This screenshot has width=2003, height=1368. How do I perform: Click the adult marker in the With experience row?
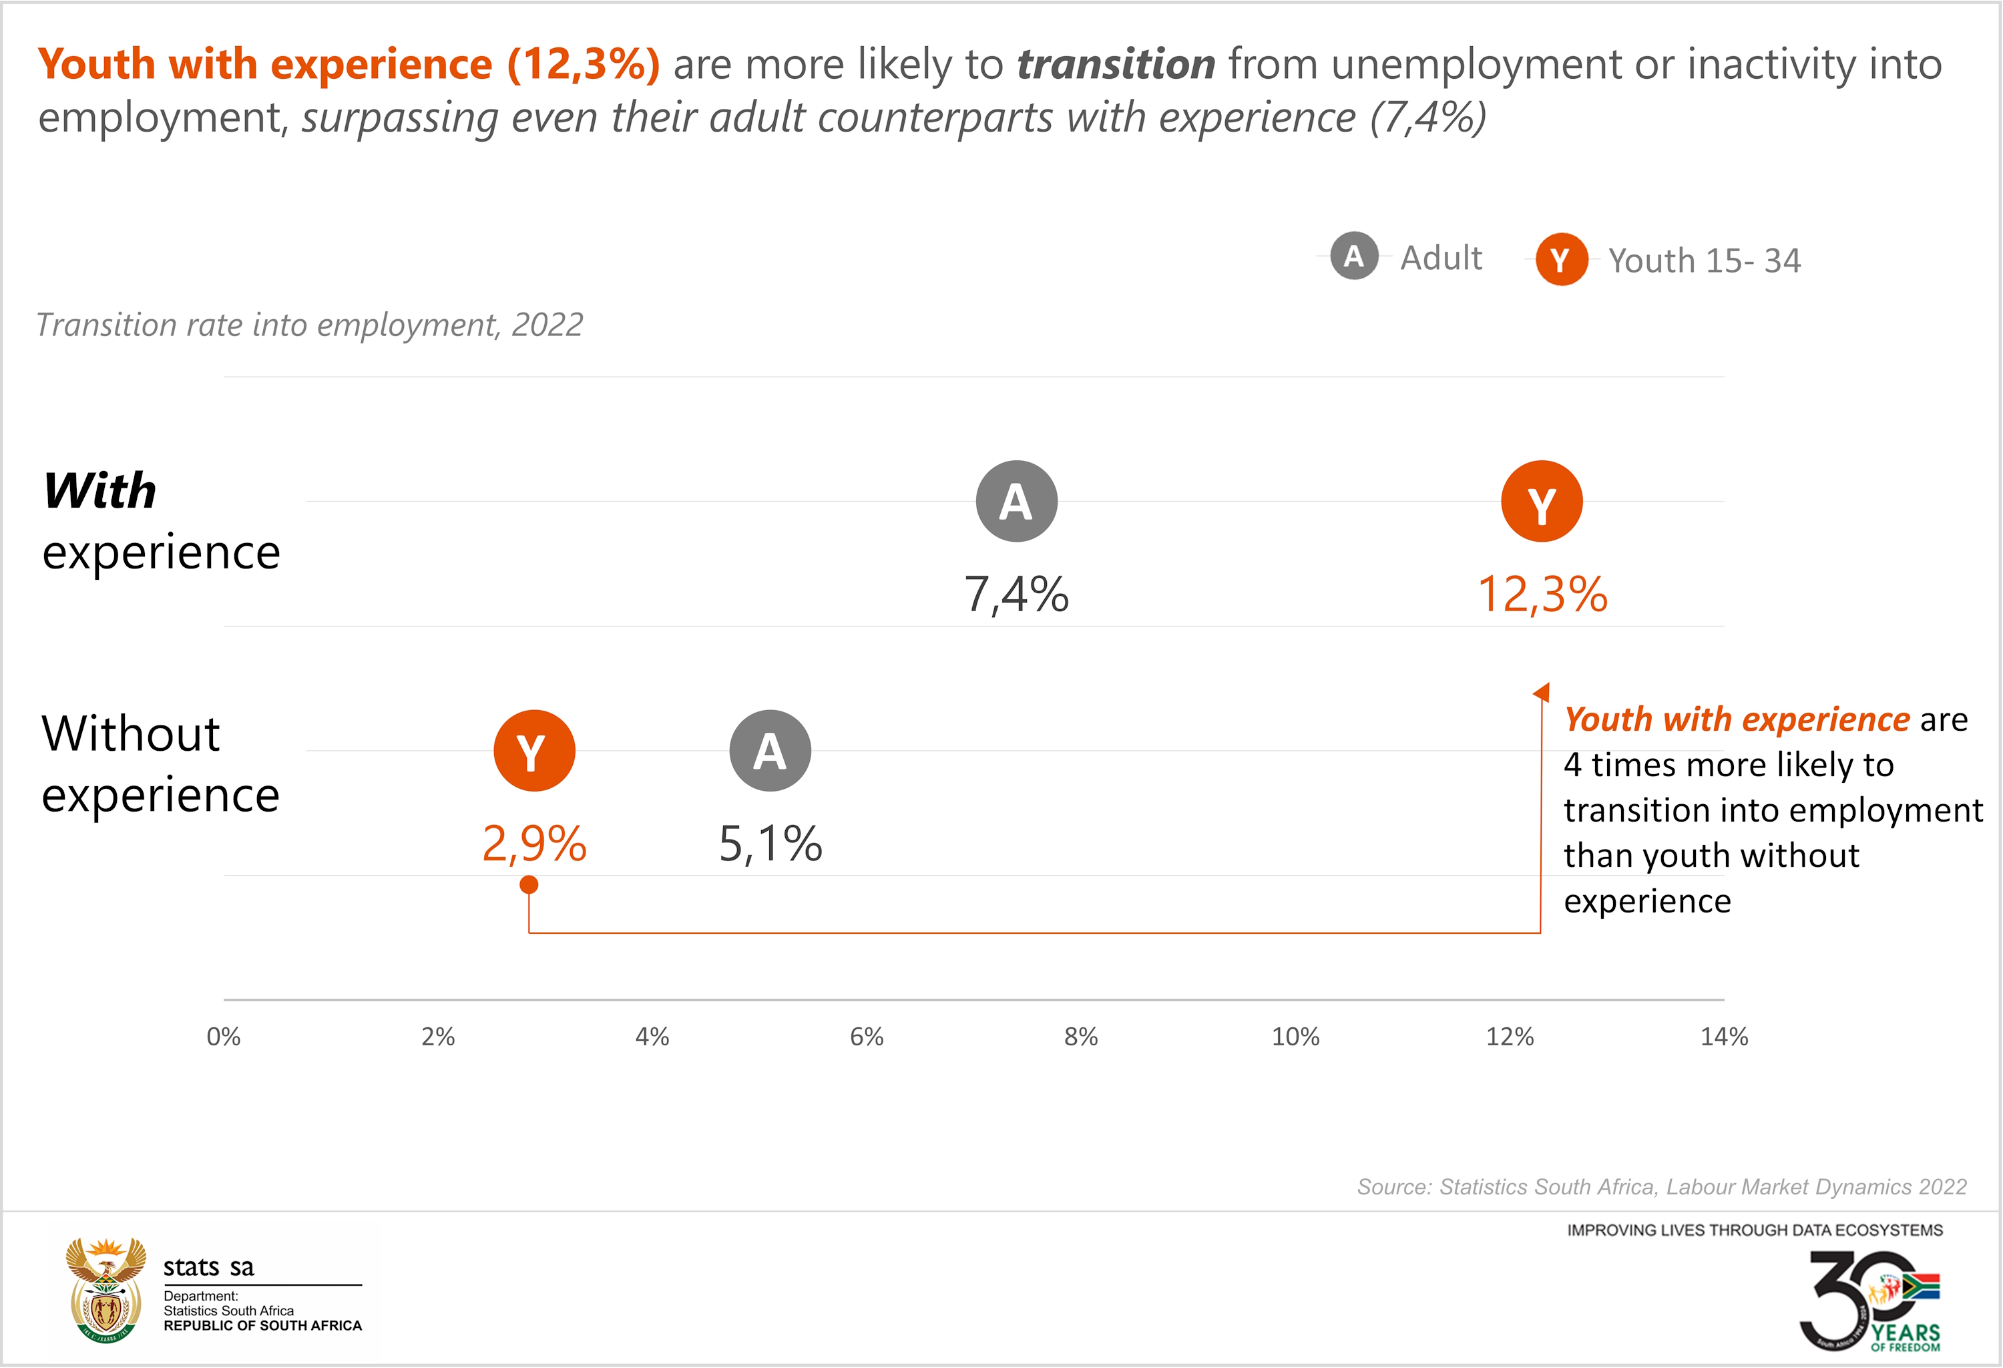tap(1016, 501)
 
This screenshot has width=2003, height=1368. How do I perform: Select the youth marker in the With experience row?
tap(1541, 501)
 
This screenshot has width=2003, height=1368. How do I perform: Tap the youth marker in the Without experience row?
tap(534, 750)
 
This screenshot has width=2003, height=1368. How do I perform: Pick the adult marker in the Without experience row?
tap(770, 750)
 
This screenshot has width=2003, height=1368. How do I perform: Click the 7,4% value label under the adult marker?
tap(1016, 594)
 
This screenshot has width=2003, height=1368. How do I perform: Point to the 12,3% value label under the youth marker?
tap(1542, 594)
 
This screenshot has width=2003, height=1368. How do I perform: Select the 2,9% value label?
tap(534, 843)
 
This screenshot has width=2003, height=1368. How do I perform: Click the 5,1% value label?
tap(770, 843)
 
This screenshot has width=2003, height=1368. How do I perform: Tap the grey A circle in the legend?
tap(1354, 256)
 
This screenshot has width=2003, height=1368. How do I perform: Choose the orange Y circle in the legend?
tap(1561, 259)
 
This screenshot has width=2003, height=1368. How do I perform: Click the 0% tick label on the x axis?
tap(223, 1036)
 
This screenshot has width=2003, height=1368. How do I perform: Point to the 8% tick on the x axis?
tap(1081, 1036)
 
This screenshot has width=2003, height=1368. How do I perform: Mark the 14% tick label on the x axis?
tap(1724, 1036)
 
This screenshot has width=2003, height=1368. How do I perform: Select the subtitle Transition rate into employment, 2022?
tap(309, 325)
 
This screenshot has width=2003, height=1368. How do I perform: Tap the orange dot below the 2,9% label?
tap(529, 884)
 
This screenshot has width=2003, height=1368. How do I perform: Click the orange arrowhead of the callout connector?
tap(1542, 691)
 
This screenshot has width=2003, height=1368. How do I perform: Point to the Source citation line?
tap(1661, 1187)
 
